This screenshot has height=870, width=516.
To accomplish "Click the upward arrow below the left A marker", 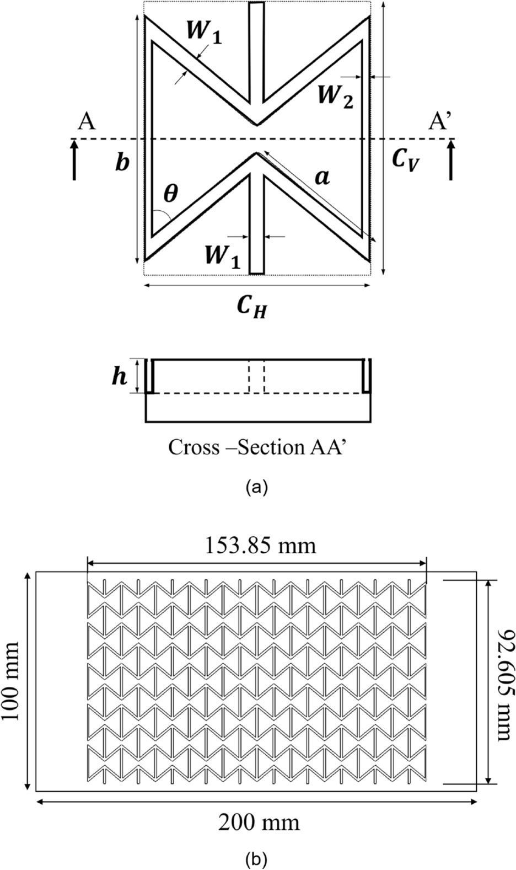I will pos(75,159).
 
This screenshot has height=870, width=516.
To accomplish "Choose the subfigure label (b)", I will pos(258,858).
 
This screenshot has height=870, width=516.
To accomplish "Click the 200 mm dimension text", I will pos(259,823).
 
